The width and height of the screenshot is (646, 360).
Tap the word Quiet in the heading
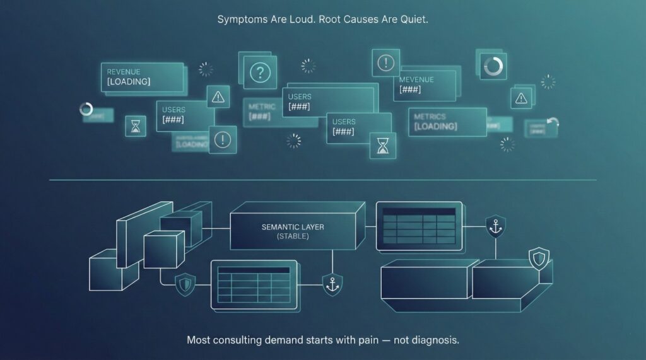[x=413, y=20]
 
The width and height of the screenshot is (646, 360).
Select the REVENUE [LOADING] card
[x=143, y=78]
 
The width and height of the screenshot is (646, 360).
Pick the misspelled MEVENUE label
[x=416, y=80]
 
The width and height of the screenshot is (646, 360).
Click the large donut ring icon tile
[x=492, y=66]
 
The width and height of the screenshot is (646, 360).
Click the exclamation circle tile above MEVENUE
[x=385, y=63]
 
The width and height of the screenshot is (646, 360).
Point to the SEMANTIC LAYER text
[x=293, y=227]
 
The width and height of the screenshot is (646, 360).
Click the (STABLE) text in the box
[x=293, y=236]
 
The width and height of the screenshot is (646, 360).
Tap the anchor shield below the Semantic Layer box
[x=332, y=284]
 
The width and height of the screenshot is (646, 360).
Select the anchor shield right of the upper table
[x=495, y=226]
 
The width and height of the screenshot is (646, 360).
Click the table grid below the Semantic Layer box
[x=254, y=283]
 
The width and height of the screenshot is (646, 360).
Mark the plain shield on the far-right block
[x=538, y=257]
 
